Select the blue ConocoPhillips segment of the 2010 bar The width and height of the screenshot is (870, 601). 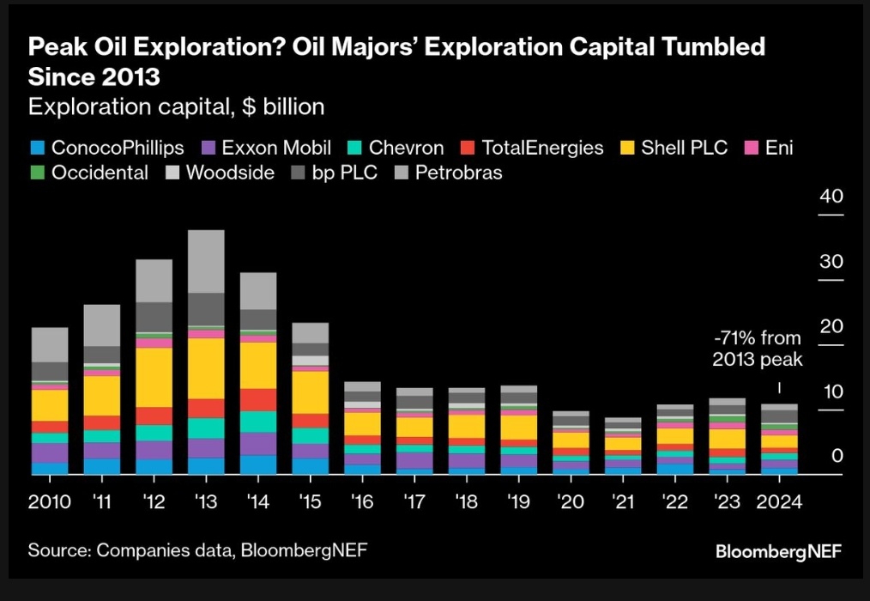(50, 468)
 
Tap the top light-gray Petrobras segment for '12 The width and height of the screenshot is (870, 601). (154, 280)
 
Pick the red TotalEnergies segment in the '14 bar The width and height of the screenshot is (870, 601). (258, 399)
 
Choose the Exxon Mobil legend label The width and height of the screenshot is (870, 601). (276, 148)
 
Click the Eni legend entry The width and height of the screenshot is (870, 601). (779, 148)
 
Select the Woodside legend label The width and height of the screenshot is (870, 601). (230, 173)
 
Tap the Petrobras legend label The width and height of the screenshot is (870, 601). (459, 173)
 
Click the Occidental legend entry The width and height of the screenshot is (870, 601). (100, 173)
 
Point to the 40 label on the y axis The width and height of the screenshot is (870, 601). (831, 196)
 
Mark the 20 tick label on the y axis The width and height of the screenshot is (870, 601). (831, 326)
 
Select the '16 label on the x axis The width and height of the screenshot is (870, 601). (362, 502)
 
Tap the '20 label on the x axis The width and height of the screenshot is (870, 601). (571, 502)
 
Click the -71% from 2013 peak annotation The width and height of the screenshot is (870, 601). (757, 349)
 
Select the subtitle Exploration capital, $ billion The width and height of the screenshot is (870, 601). (176, 106)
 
